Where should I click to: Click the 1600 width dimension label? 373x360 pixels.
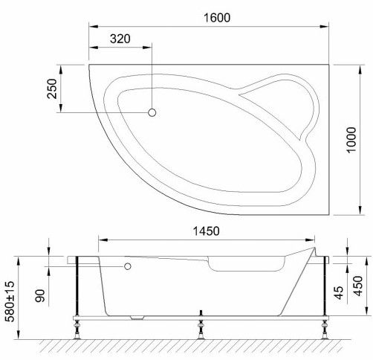[217, 18]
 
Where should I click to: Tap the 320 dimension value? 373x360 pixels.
[120, 39]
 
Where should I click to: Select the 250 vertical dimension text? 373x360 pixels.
[52, 89]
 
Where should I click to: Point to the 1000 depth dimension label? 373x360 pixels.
[351, 140]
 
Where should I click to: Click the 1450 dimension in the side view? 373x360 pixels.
[206, 231]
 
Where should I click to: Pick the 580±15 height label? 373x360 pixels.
[10, 301]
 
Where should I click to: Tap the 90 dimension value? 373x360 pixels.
[40, 295]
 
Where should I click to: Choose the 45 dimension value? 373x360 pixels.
[339, 292]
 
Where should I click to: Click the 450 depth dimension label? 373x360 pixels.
[357, 286]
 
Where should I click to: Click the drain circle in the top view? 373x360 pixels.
[152, 112]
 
